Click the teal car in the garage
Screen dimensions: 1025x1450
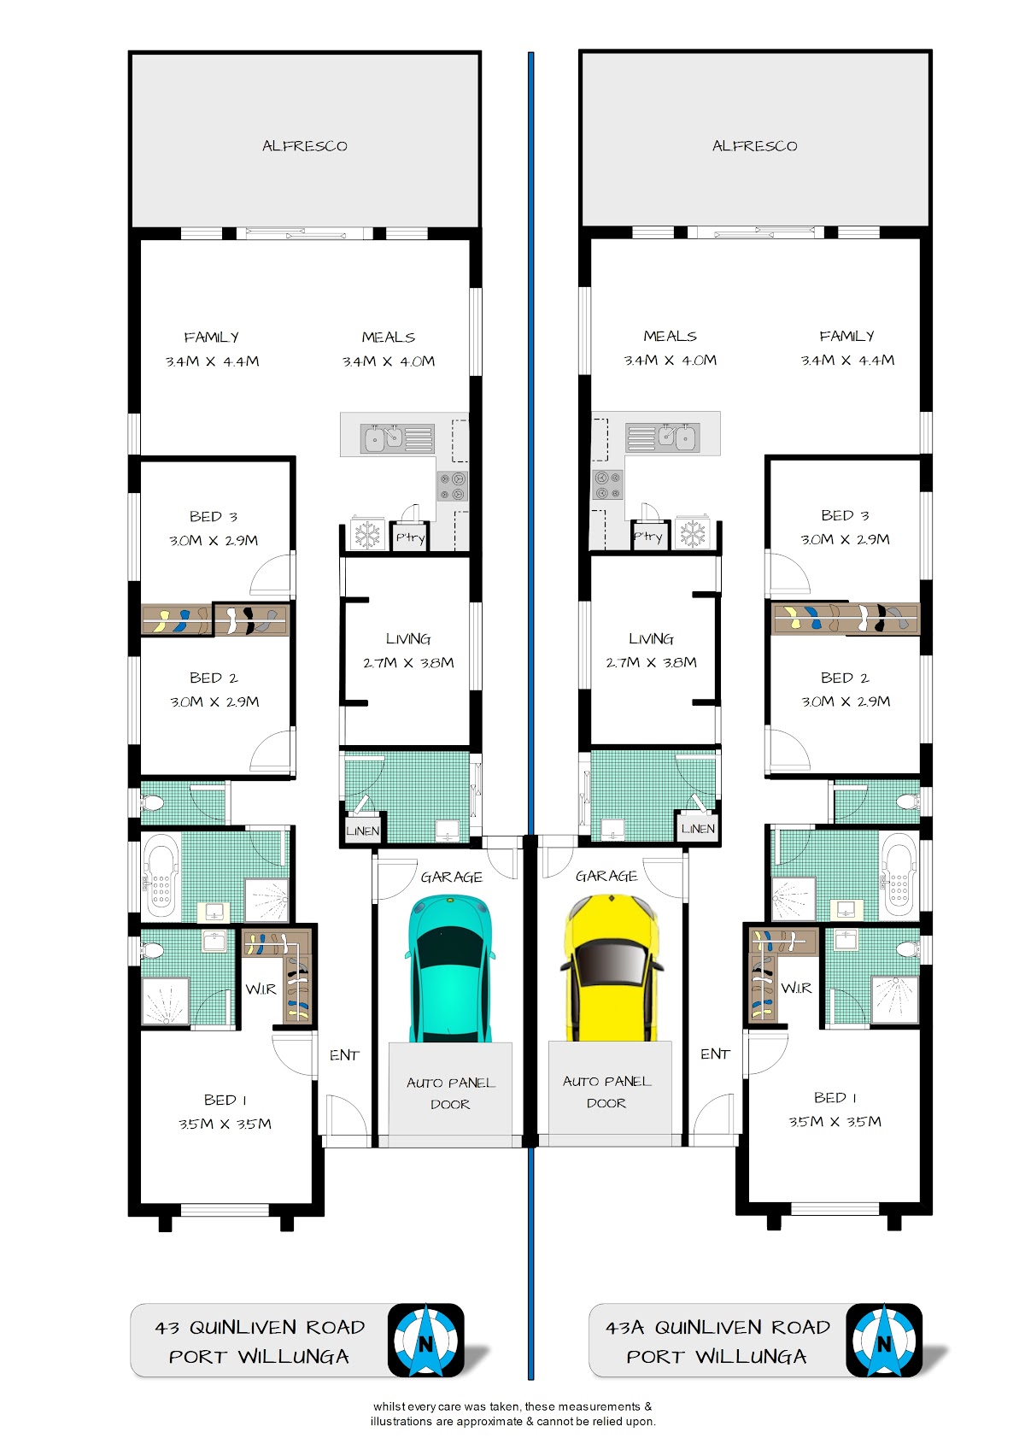click(x=450, y=969)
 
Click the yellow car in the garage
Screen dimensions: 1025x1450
click(x=612, y=969)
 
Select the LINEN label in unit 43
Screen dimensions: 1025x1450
click(x=362, y=831)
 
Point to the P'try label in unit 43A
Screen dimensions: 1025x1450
click(x=647, y=537)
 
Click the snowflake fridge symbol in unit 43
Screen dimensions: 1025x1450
click(x=368, y=535)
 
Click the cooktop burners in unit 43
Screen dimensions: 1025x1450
click(x=453, y=486)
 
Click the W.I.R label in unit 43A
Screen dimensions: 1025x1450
click(x=797, y=988)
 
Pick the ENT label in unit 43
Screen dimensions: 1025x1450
click(x=344, y=1055)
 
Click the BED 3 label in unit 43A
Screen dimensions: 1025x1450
click(x=845, y=515)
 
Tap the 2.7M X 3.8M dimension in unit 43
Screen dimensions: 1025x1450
click(x=408, y=663)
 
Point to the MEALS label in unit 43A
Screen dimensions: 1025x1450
click(x=670, y=336)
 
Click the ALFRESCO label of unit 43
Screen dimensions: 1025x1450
click(x=305, y=145)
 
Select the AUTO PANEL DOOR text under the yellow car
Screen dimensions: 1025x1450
click(x=607, y=1092)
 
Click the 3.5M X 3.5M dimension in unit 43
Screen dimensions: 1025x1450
click(x=225, y=1124)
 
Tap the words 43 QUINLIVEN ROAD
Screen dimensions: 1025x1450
click(x=260, y=1328)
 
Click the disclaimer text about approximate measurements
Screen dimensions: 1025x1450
click(x=513, y=1413)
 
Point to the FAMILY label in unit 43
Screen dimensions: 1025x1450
click(x=212, y=338)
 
